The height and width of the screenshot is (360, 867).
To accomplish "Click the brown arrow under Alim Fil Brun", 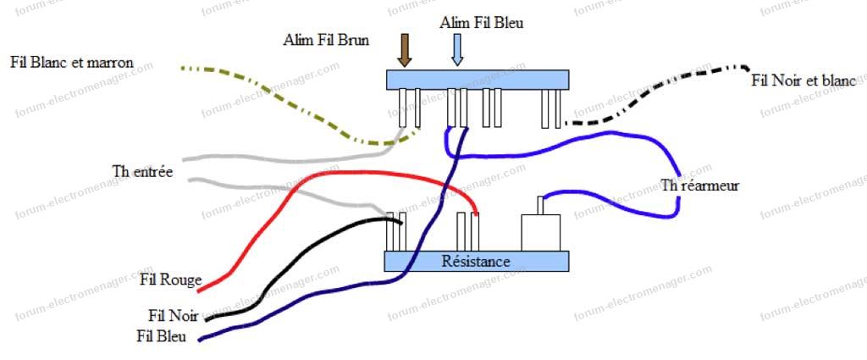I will tap(405, 50).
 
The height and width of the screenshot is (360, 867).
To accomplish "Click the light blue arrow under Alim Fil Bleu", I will tap(457, 50).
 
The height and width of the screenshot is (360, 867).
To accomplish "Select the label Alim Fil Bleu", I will tap(481, 23).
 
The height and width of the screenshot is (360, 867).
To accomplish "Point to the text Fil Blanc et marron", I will tap(81, 64).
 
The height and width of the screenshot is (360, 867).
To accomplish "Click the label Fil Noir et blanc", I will tap(803, 80).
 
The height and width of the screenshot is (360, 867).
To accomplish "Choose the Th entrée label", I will tap(142, 172).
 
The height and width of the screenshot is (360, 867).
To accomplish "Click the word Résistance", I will tap(476, 261).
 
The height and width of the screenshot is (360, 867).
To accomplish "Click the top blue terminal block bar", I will tap(475, 79).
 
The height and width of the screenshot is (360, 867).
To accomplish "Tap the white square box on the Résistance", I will tap(541, 233).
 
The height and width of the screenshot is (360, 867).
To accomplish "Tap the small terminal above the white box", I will tap(540, 205).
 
